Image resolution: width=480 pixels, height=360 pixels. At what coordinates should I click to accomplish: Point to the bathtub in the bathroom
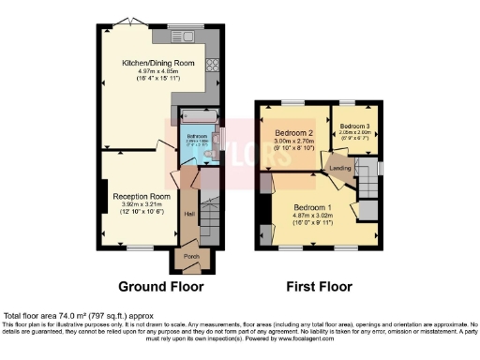[198, 118]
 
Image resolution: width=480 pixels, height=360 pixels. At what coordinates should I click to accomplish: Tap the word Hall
[188, 214]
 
